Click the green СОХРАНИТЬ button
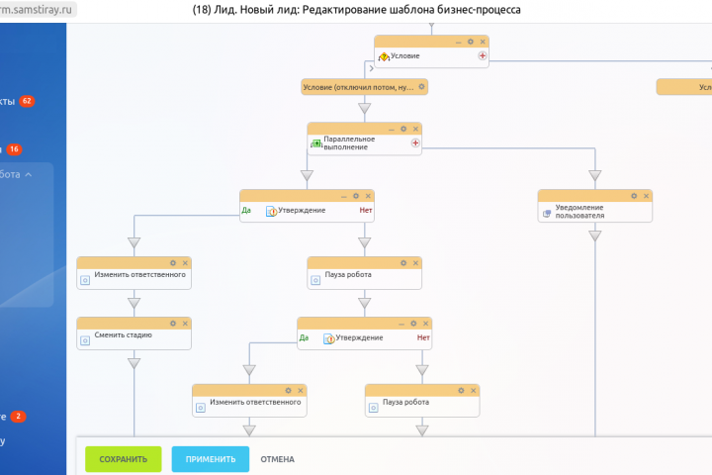123,459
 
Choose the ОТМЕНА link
277,459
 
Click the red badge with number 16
15,149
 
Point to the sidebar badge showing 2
19,417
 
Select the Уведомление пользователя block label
579,211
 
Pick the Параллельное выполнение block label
345,143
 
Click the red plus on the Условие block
483,56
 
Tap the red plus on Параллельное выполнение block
415,143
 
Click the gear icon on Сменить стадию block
172,323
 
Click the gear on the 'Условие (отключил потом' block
421,87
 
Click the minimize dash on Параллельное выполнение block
391,129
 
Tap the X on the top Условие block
484,42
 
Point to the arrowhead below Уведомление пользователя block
595,236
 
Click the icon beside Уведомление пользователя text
547,212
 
